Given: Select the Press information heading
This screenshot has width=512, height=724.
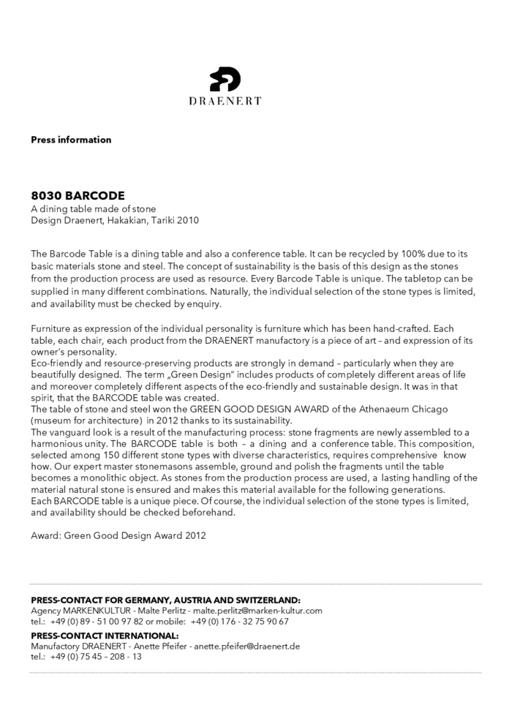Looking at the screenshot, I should [x=71, y=140].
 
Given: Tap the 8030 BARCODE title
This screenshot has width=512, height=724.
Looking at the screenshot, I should [x=78, y=196].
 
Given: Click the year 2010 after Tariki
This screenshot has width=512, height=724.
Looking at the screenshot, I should [x=188, y=220].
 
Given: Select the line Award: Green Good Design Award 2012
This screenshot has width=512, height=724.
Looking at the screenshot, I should [x=118, y=535].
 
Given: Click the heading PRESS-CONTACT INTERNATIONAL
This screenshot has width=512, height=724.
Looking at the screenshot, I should [x=105, y=636].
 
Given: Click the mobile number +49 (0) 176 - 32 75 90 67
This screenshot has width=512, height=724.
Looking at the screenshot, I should [x=239, y=622].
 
